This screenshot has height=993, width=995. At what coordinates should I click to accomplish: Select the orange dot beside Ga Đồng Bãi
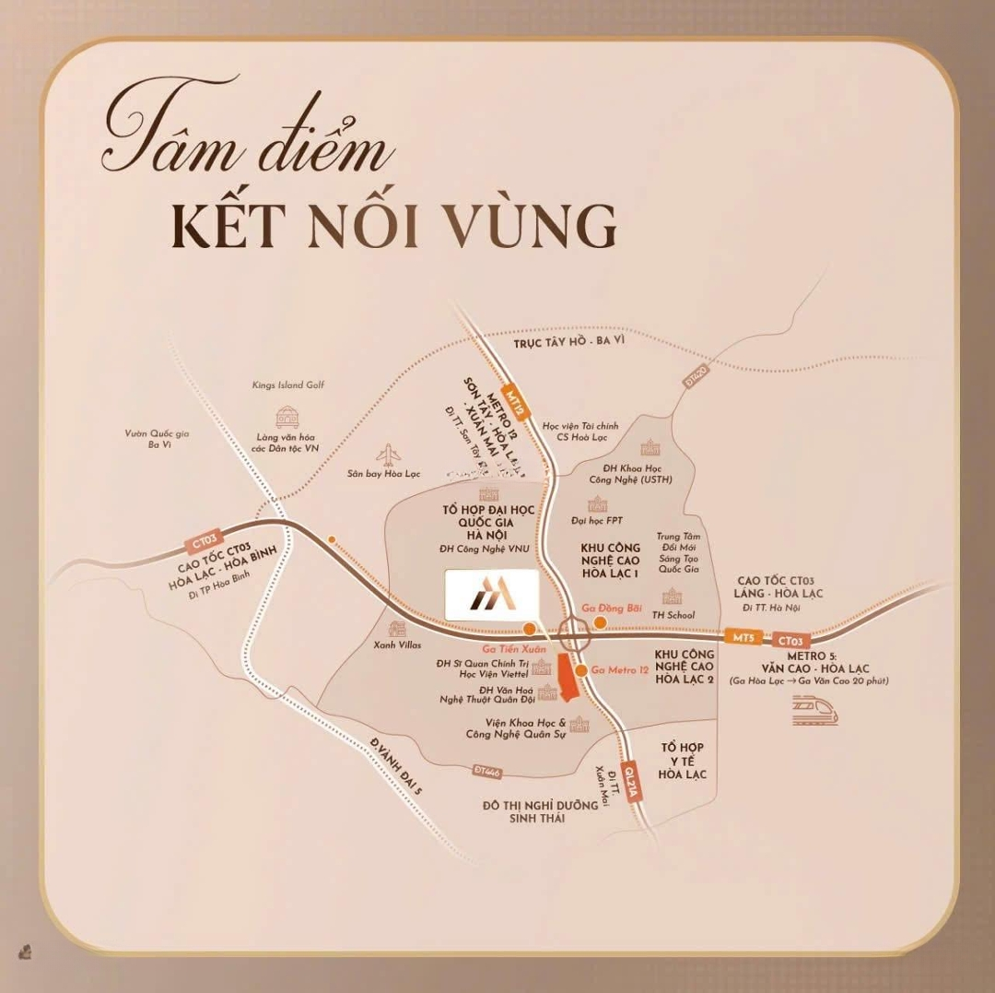[600, 624]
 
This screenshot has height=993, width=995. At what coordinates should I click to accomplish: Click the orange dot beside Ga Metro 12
[582, 670]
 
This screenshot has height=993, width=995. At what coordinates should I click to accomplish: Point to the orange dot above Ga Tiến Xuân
[529, 629]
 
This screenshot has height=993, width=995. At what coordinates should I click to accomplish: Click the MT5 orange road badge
[743, 637]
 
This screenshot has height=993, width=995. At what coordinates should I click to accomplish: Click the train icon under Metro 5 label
[815, 711]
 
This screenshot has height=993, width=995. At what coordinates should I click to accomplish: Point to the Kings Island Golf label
[288, 385]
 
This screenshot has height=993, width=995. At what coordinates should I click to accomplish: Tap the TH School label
[673, 615]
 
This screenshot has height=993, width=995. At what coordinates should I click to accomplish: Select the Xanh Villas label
[398, 645]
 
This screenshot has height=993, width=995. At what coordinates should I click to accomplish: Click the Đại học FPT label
[597, 521]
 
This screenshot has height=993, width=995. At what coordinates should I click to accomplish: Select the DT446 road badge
[489, 770]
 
